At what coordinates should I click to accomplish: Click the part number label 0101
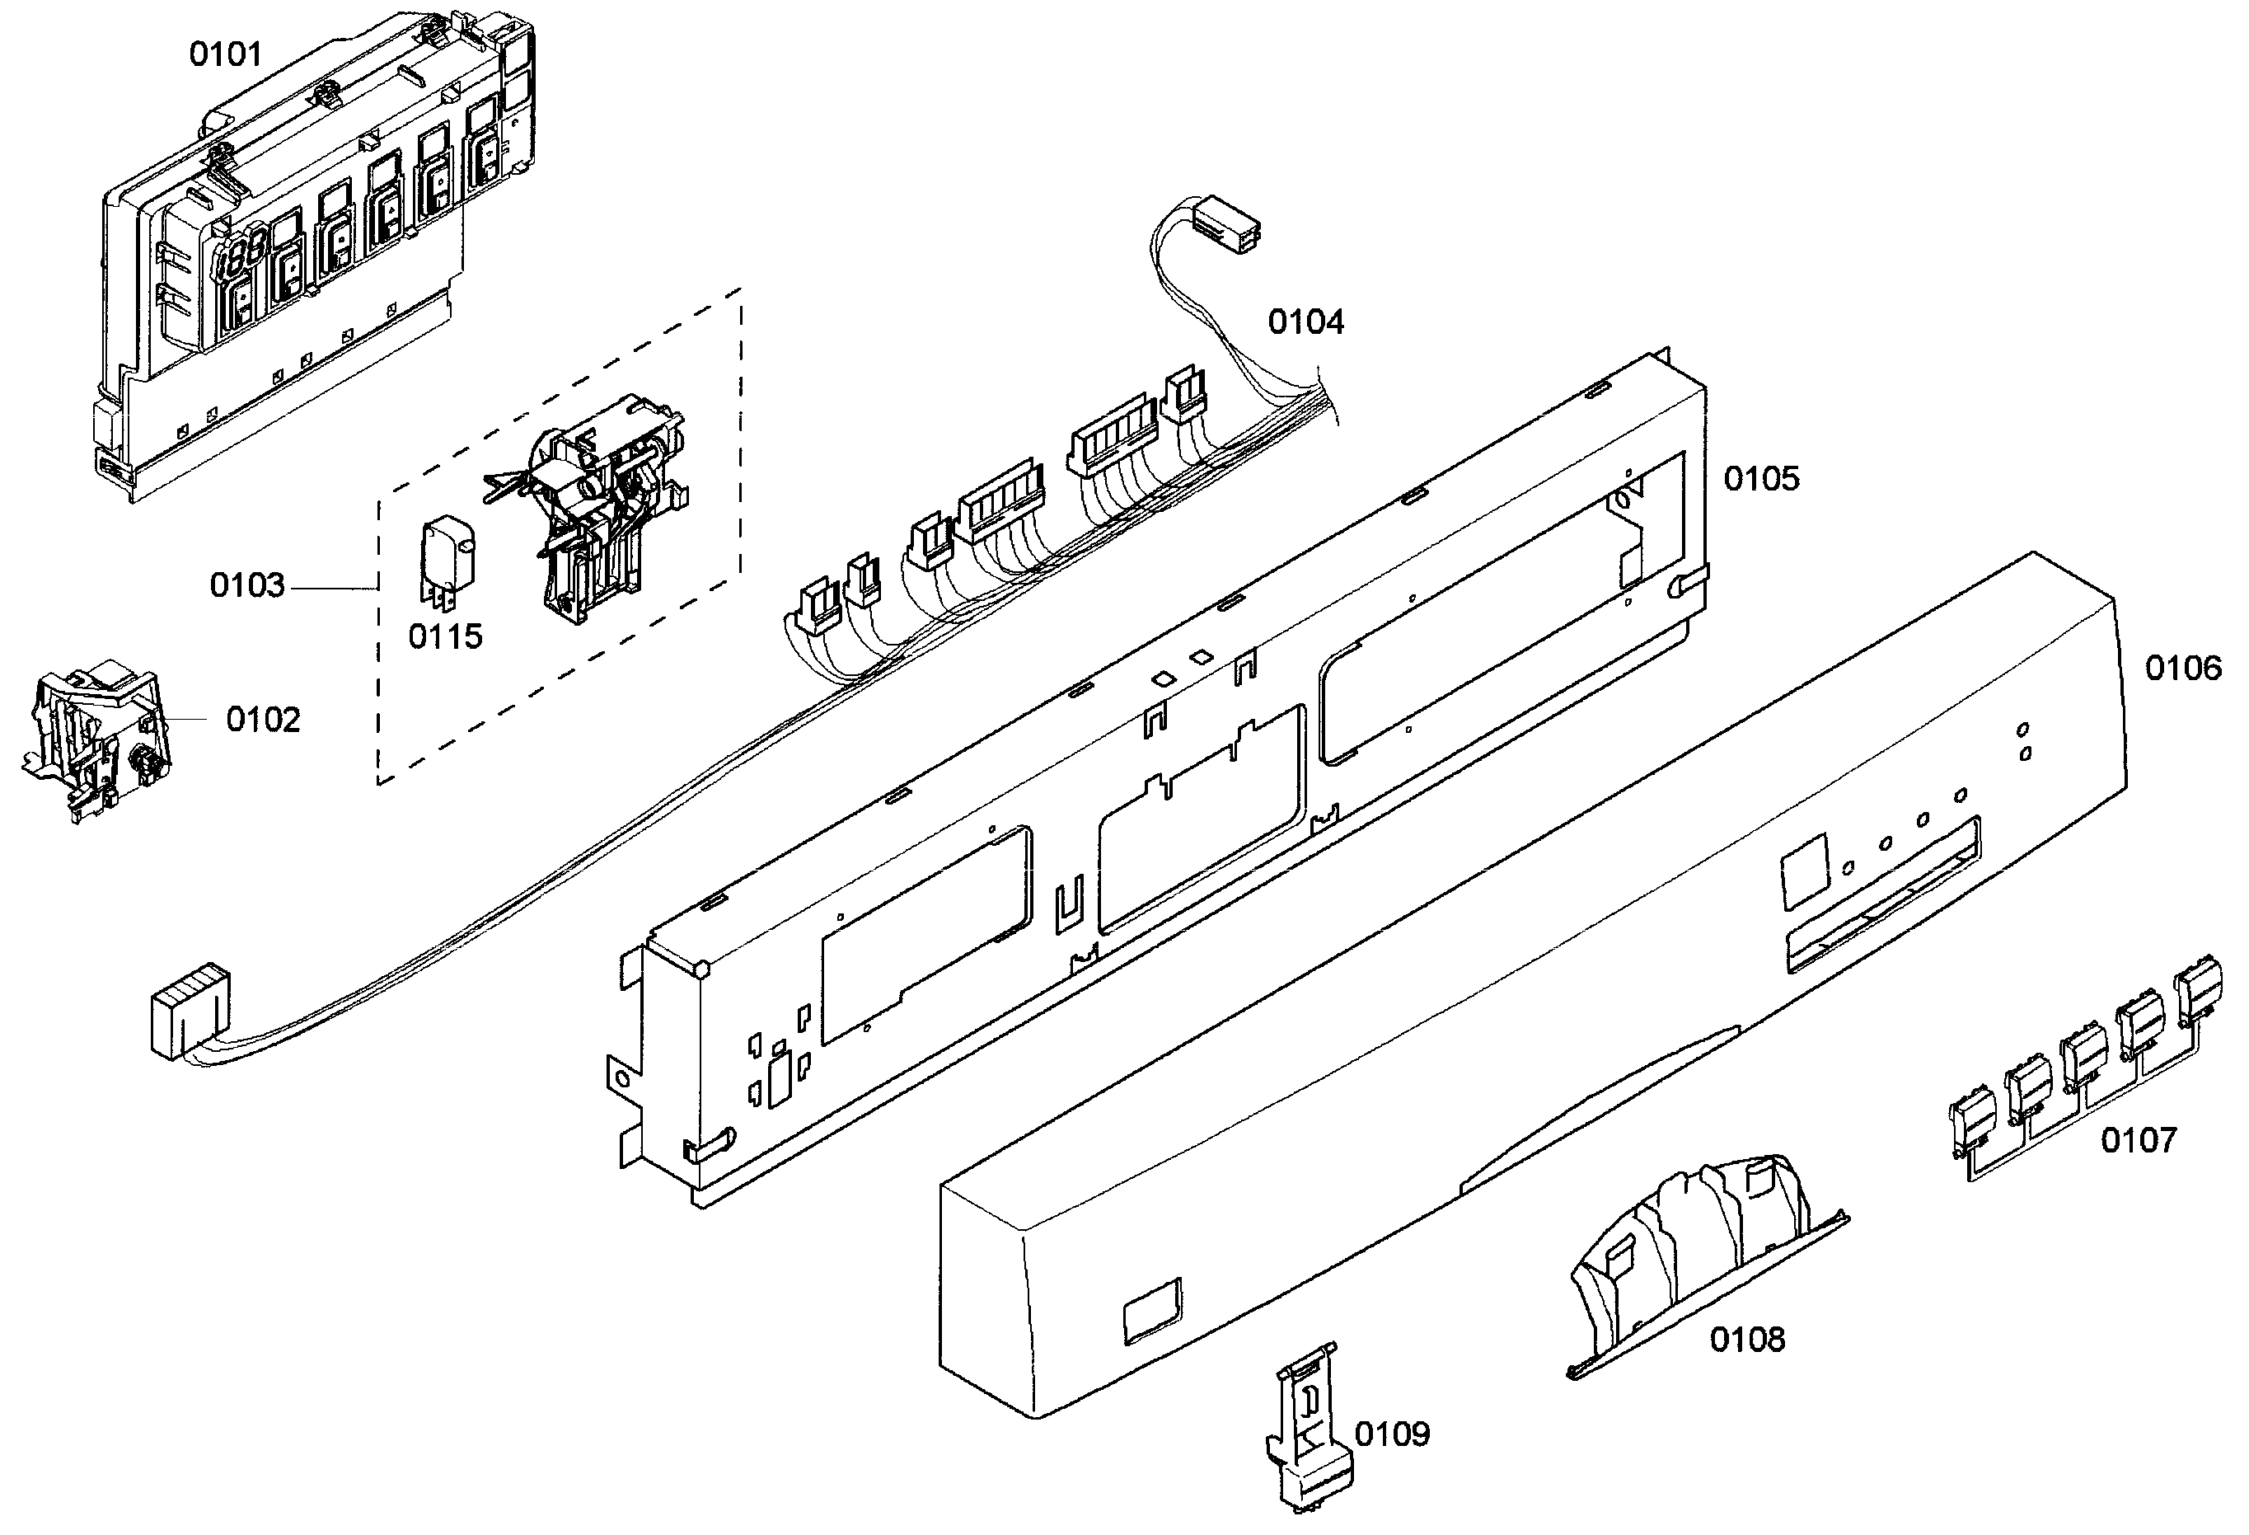[226, 54]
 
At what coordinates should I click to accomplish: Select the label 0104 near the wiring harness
[1305, 322]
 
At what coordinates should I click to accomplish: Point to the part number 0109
[1392, 1434]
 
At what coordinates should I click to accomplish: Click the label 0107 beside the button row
[2139, 1140]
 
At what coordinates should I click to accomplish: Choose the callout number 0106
[2183, 668]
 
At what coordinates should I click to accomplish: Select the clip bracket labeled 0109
[1309, 1428]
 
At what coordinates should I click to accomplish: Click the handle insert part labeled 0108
[1703, 1258]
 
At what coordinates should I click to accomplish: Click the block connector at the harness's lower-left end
[190, 1012]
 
